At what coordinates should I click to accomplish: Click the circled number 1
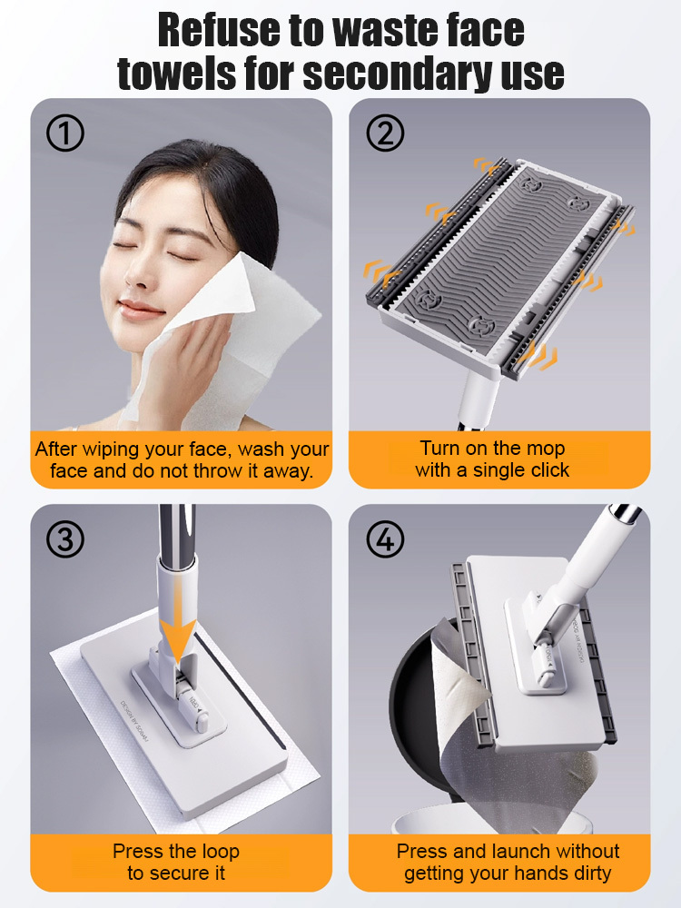pyautogui.click(x=64, y=134)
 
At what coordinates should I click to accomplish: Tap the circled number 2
pyautogui.click(x=385, y=134)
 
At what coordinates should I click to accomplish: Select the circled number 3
pyautogui.click(x=64, y=540)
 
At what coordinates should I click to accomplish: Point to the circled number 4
pyautogui.click(x=385, y=540)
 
